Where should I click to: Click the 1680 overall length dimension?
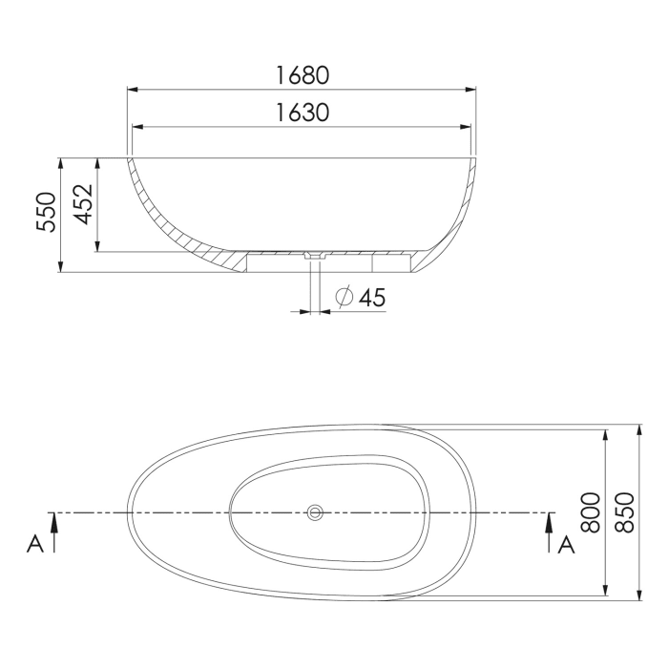(x=303, y=74)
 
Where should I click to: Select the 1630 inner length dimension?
(x=303, y=113)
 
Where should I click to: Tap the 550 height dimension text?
(x=47, y=212)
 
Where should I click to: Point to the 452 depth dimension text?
(x=83, y=204)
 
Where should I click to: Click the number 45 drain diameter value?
(x=372, y=298)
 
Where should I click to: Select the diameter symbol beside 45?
(x=344, y=298)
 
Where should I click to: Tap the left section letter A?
(x=35, y=544)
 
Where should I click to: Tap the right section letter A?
(x=566, y=544)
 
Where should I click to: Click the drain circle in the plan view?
(x=315, y=513)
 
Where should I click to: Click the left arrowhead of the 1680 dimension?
(x=134, y=91)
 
